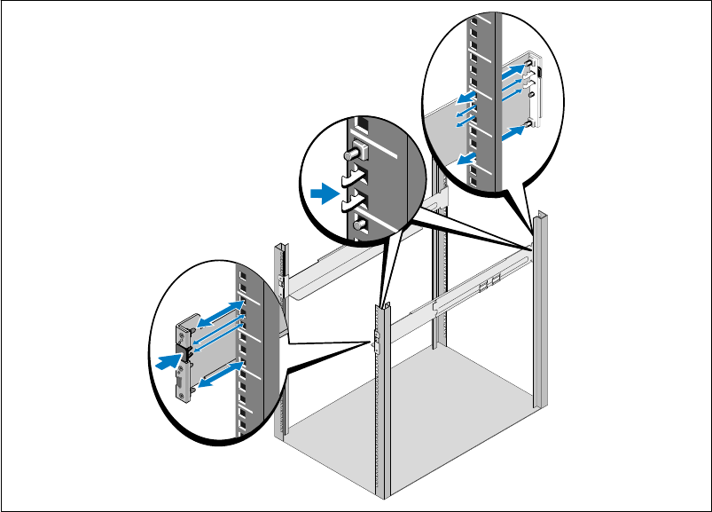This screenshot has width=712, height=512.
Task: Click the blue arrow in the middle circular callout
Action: click(325, 192)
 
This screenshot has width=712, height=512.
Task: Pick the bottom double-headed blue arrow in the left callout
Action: click(219, 373)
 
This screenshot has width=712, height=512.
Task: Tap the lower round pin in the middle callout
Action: click(356, 225)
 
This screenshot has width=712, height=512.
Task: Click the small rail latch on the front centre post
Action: click(376, 339)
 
